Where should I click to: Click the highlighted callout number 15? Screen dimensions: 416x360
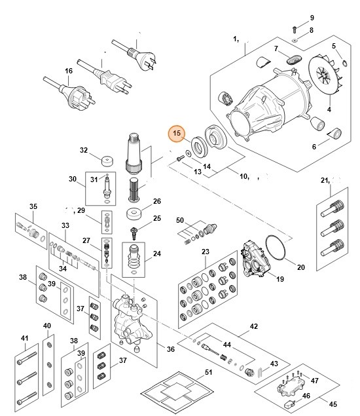(175, 134)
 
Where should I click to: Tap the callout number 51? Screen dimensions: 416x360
(209, 373)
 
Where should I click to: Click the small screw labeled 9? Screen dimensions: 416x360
(295, 28)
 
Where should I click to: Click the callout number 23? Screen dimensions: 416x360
(205, 252)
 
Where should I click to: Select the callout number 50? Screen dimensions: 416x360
(179, 220)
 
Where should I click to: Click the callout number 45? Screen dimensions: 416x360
(334, 405)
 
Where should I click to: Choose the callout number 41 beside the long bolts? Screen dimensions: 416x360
(26, 338)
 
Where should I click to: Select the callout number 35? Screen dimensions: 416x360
(33, 206)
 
